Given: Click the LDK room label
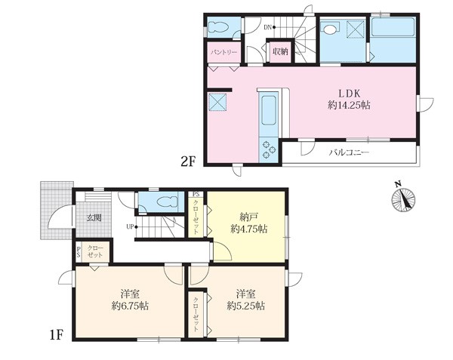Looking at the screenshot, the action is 349,94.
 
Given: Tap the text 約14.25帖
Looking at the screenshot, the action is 349,106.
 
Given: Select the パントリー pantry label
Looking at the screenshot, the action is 224,52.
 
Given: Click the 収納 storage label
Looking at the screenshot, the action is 280,52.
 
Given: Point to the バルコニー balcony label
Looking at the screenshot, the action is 349,152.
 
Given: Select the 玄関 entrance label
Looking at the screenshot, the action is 94,218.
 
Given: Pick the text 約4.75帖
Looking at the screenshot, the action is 248,229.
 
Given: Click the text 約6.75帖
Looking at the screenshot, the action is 130,306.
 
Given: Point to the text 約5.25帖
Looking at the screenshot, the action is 245,306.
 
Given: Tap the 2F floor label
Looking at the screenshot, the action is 188,162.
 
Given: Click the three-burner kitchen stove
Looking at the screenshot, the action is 269,150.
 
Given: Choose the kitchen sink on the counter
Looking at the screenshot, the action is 269,110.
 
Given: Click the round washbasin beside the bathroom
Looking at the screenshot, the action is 329,29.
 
